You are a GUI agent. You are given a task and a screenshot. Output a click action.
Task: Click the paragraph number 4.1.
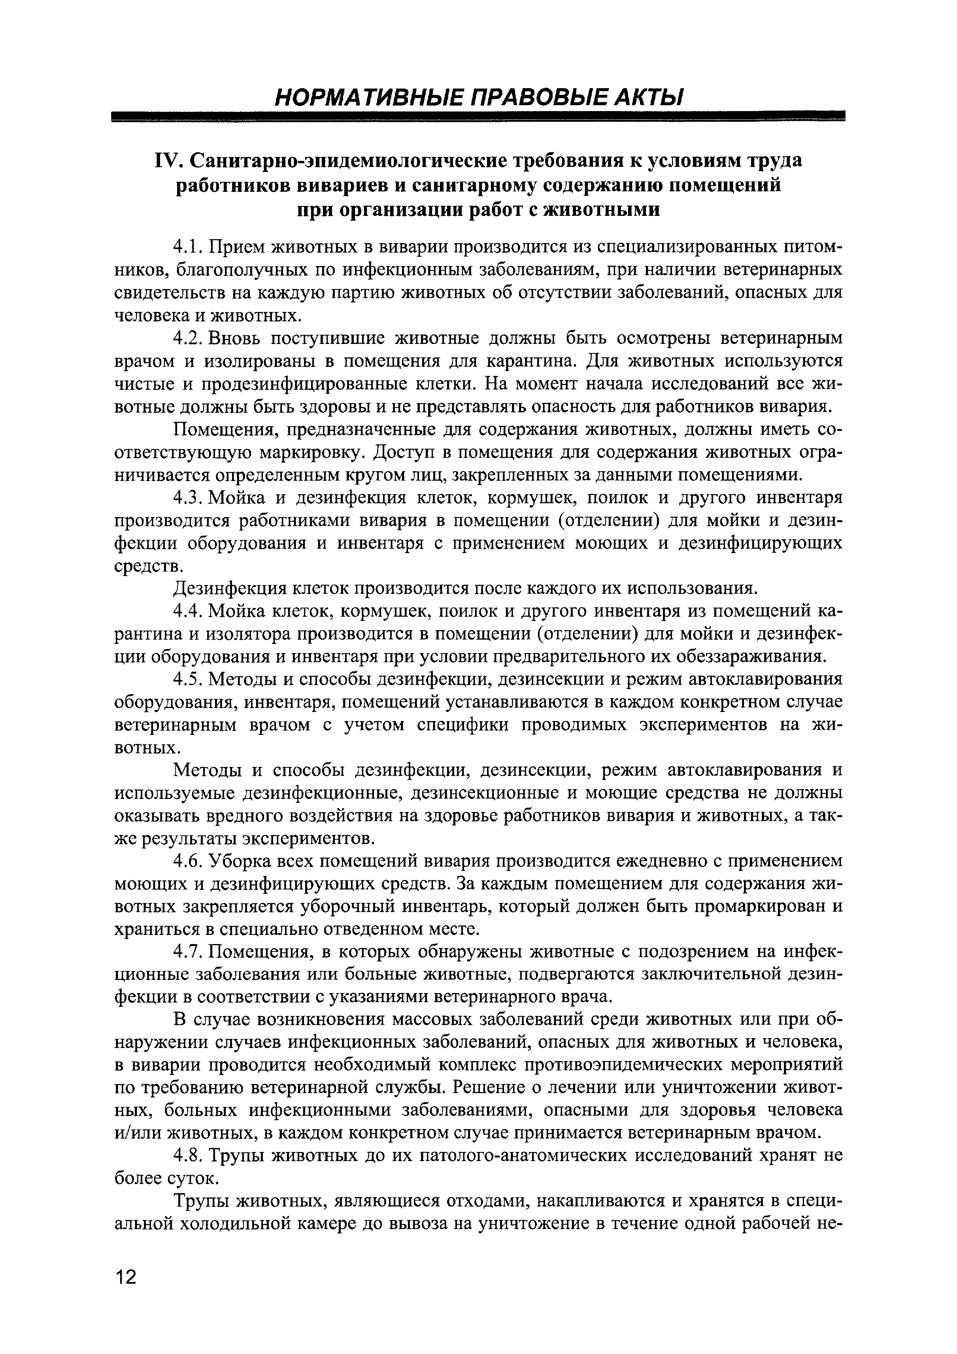click(188, 247)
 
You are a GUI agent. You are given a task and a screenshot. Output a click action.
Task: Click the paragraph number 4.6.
click(188, 861)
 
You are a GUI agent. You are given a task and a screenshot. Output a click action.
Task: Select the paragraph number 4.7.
click(188, 951)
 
